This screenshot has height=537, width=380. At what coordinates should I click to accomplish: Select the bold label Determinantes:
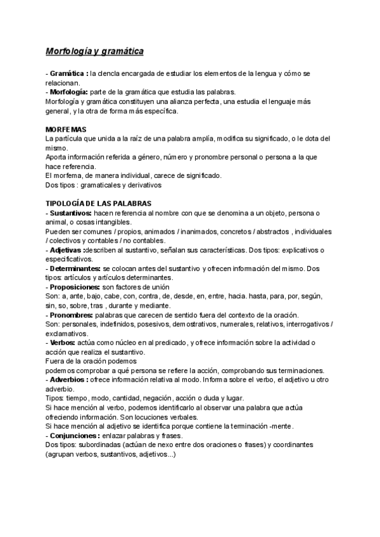point(75,268)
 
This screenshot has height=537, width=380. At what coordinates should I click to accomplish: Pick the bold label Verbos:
point(63,343)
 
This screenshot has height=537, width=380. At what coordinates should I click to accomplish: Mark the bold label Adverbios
point(68,380)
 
